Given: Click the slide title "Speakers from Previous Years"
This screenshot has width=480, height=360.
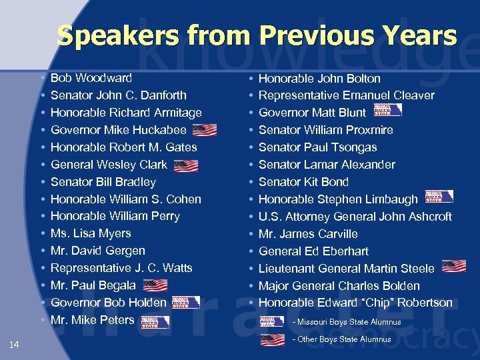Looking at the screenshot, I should pyautogui.click(x=257, y=35).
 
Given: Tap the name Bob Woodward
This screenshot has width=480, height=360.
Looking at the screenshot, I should pyautogui.click(x=91, y=78).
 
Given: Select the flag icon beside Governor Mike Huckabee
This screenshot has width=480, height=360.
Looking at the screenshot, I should pyautogui.click(x=205, y=130).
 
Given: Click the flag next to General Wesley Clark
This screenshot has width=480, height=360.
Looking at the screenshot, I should pyautogui.click(x=186, y=165).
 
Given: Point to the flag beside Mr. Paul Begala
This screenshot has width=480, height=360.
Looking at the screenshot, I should pyautogui.click(x=155, y=285).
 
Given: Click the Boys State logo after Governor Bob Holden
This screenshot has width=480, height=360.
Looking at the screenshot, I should pyautogui.click(x=185, y=303).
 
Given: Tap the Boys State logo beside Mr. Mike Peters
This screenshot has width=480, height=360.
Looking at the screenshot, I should pyautogui.click(x=155, y=321).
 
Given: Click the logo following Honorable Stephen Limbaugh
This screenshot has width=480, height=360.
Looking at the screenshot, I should pyautogui.click(x=439, y=197).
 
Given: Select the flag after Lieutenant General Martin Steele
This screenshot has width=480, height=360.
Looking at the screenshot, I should pyautogui.click(x=453, y=267).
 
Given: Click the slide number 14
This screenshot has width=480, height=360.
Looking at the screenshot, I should pyautogui.click(x=15, y=345).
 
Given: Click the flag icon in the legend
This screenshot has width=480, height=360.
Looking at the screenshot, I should pyautogui.click(x=272, y=340).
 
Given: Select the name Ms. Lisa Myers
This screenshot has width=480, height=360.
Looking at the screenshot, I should pyautogui.click(x=91, y=233).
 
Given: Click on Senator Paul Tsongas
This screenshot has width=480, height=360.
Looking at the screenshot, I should pyautogui.click(x=317, y=147).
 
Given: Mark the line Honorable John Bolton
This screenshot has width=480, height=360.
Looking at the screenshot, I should pyautogui.click(x=319, y=79).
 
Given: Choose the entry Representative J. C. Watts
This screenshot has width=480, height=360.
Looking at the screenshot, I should pyautogui.click(x=121, y=268).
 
